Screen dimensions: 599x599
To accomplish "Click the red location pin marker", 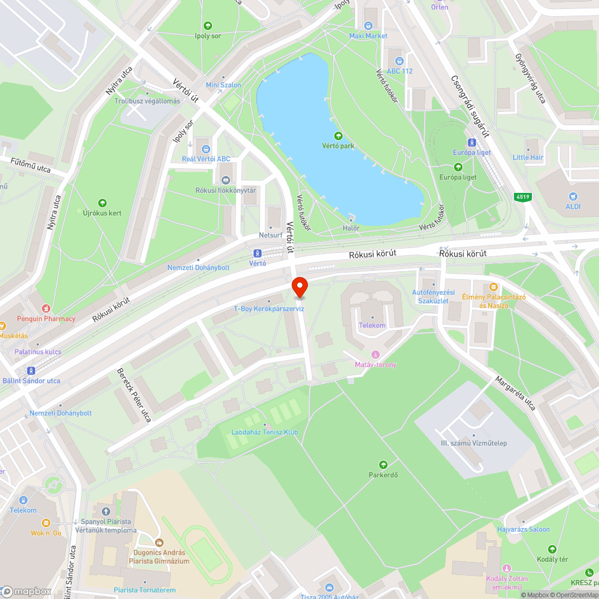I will tap(299, 288).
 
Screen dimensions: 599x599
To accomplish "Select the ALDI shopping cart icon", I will tap(573, 196).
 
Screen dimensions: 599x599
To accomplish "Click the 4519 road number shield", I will tap(523, 196).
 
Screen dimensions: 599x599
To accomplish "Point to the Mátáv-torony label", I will tap(376, 365).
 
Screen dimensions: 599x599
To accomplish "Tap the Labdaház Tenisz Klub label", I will tap(265, 432).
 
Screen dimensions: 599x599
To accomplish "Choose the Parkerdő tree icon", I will tap(383, 464).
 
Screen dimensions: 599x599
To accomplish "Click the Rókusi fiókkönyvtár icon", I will tap(226, 180).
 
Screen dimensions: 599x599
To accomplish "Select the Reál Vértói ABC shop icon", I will tap(206, 149).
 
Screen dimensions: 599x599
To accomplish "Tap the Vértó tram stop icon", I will tap(258, 253).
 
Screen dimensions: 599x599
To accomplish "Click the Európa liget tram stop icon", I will tap(473, 143).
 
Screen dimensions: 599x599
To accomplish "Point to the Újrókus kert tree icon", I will tap(102, 203).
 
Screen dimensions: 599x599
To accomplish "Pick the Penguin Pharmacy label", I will tap(46, 319).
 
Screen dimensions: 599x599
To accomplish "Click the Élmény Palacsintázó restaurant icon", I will tap(494, 287).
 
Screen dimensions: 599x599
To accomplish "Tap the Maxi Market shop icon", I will tap(368, 26).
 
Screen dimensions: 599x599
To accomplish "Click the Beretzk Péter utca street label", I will tap(134, 395).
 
